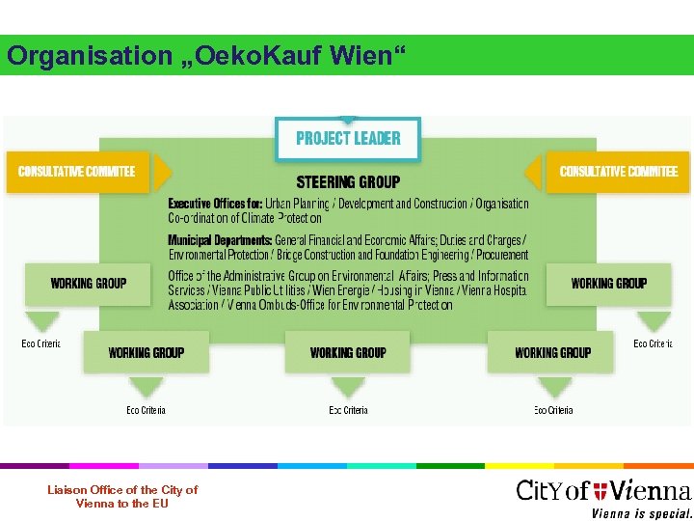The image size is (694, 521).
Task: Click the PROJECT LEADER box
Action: (348, 138)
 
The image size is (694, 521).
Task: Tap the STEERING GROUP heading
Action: (348, 181)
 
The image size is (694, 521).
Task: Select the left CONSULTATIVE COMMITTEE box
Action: (77, 172)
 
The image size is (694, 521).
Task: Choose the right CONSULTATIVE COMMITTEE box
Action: (619, 172)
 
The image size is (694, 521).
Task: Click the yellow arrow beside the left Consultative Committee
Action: (163, 173)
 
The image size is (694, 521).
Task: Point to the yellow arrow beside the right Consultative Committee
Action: (533, 173)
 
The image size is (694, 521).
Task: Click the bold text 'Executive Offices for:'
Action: (215, 204)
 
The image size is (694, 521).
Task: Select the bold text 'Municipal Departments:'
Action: (220, 239)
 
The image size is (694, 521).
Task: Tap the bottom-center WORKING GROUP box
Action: (348, 352)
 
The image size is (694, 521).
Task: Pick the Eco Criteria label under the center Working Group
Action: (348, 410)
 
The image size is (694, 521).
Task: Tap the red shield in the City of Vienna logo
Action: (601, 491)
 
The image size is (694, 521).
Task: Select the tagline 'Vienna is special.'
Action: (641, 512)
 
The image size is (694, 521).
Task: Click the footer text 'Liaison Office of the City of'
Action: (122, 490)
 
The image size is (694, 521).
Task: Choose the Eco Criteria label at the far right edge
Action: (653, 343)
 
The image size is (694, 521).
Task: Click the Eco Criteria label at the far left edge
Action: (40, 343)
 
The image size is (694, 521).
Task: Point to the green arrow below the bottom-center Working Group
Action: (348, 388)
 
